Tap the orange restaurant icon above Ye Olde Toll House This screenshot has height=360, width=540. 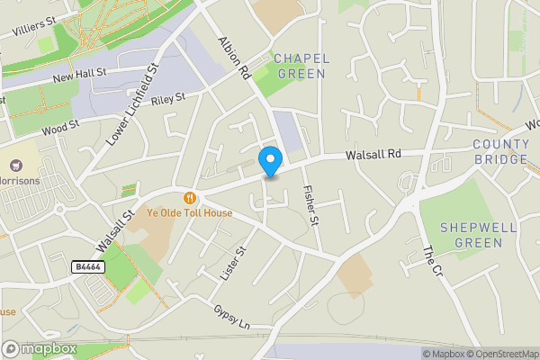[190, 198]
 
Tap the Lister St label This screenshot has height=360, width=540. [232, 263]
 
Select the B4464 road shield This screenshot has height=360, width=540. [86, 267]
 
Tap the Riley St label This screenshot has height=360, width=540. [168, 97]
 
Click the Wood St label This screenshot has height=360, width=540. [59, 128]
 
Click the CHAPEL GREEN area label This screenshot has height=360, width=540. [301, 66]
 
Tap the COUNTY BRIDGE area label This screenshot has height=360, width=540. [500, 151]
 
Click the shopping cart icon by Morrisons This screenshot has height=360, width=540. [15, 166]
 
